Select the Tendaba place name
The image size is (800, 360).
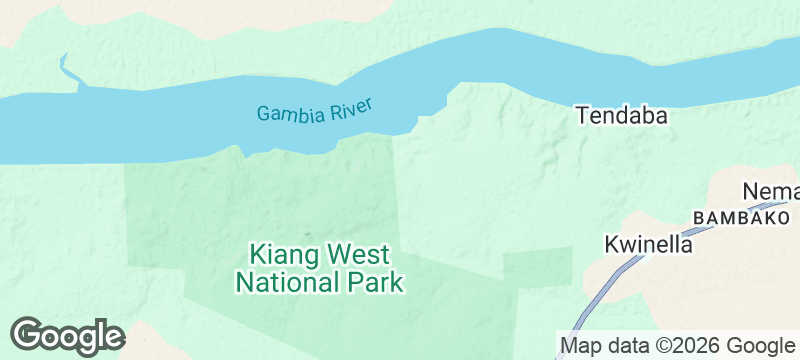621,116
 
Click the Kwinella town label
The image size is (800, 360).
649,244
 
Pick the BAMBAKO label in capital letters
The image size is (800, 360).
741,217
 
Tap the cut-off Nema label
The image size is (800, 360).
771,191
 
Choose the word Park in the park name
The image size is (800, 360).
371,282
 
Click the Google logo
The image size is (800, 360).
67,335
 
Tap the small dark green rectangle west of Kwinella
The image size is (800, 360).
536,264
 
